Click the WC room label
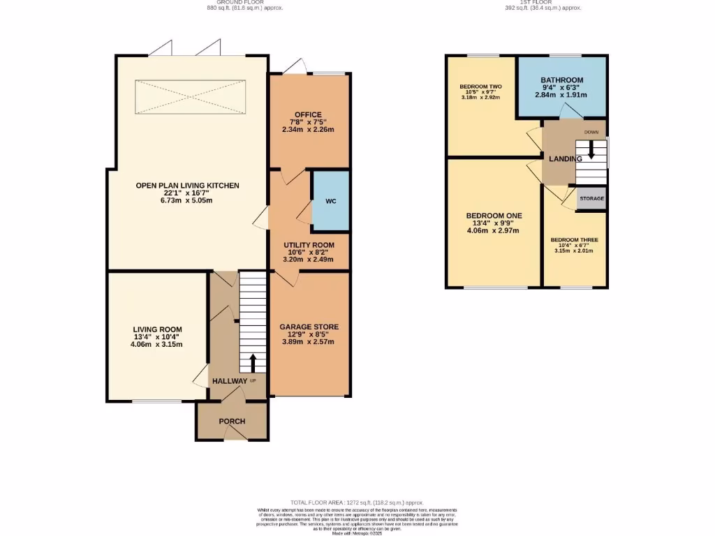330,202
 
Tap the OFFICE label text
308,114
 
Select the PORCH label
232,422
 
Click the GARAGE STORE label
309,327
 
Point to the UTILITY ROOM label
309,245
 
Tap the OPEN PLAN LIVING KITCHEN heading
188,186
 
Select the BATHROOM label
561,80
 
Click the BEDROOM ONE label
494,215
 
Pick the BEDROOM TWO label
481,87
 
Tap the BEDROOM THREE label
574,240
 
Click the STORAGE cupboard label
591,199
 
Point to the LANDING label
566,159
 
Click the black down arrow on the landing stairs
591,150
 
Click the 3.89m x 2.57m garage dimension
308,342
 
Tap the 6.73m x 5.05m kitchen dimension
188,201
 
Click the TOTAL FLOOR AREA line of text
357,502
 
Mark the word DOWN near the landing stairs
591,132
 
